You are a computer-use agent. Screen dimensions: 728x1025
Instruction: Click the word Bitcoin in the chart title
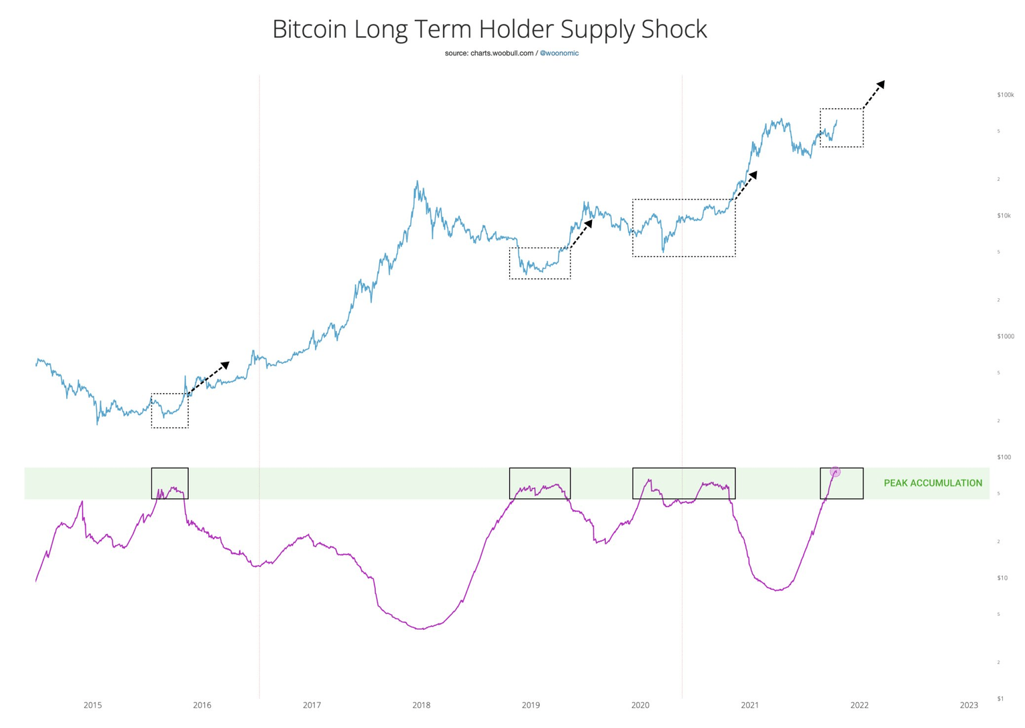309,29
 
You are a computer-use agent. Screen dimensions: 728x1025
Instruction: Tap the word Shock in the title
673,29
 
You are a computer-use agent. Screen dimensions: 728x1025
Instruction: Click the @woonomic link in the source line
559,53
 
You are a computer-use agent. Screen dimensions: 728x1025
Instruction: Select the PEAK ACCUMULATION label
932,483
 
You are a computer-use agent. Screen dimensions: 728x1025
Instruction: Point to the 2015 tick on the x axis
93,705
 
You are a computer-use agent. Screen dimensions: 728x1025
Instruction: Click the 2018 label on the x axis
421,705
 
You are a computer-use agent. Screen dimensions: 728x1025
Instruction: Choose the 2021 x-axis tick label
749,705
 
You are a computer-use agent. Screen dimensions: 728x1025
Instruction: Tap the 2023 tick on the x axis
968,705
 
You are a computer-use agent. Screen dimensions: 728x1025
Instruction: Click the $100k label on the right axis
1005,95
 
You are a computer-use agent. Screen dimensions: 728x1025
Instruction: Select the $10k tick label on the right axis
1004,216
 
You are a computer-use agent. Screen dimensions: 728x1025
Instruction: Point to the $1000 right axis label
1005,336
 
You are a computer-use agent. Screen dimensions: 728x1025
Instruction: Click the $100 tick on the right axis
1004,457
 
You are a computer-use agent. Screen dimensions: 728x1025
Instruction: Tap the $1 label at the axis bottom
1000,699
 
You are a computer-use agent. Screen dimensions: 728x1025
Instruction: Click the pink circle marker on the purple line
835,472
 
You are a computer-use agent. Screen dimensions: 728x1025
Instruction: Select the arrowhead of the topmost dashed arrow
881,84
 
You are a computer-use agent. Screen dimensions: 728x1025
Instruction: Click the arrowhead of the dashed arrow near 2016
226,365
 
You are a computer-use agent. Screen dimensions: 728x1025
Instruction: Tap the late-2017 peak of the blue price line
418,181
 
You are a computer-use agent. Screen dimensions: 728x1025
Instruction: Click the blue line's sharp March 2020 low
663,252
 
